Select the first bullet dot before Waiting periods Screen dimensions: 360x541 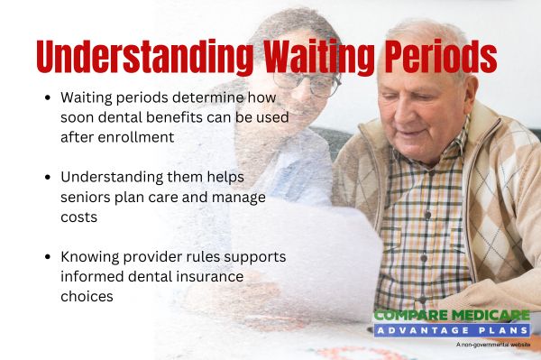(x=47, y=97)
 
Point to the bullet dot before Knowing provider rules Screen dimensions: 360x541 (x=47, y=256)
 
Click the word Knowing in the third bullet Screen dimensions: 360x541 (x=91, y=256)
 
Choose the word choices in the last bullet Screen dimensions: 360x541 (x=87, y=296)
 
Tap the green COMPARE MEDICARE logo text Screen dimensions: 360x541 (x=451, y=315)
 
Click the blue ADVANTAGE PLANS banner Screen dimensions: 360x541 (x=451, y=330)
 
